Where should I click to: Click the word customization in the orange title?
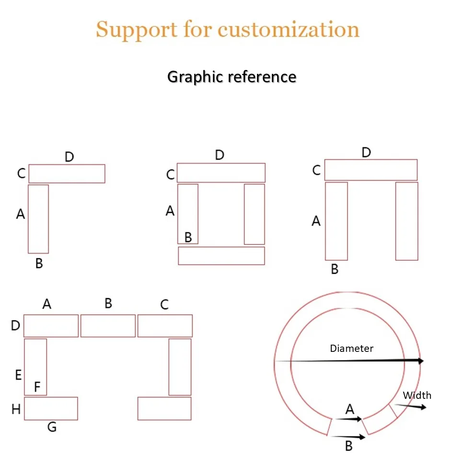[288, 29]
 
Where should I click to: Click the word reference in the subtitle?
[262, 77]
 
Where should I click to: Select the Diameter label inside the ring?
[351, 348]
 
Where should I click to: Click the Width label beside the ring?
[417, 395]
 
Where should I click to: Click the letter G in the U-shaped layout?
[52, 427]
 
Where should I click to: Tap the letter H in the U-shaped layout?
[16, 409]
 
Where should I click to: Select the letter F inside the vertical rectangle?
[37, 386]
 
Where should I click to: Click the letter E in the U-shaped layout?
[18, 375]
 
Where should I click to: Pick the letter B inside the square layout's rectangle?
[188, 237]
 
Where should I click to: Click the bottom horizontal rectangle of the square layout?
[221, 256]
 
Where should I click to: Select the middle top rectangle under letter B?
[108, 326]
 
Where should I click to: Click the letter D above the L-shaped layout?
[70, 157]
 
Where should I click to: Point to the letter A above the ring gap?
[349, 409]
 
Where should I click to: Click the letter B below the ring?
[348, 446]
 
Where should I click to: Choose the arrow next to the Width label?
[410, 406]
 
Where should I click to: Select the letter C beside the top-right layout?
[316, 170]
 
